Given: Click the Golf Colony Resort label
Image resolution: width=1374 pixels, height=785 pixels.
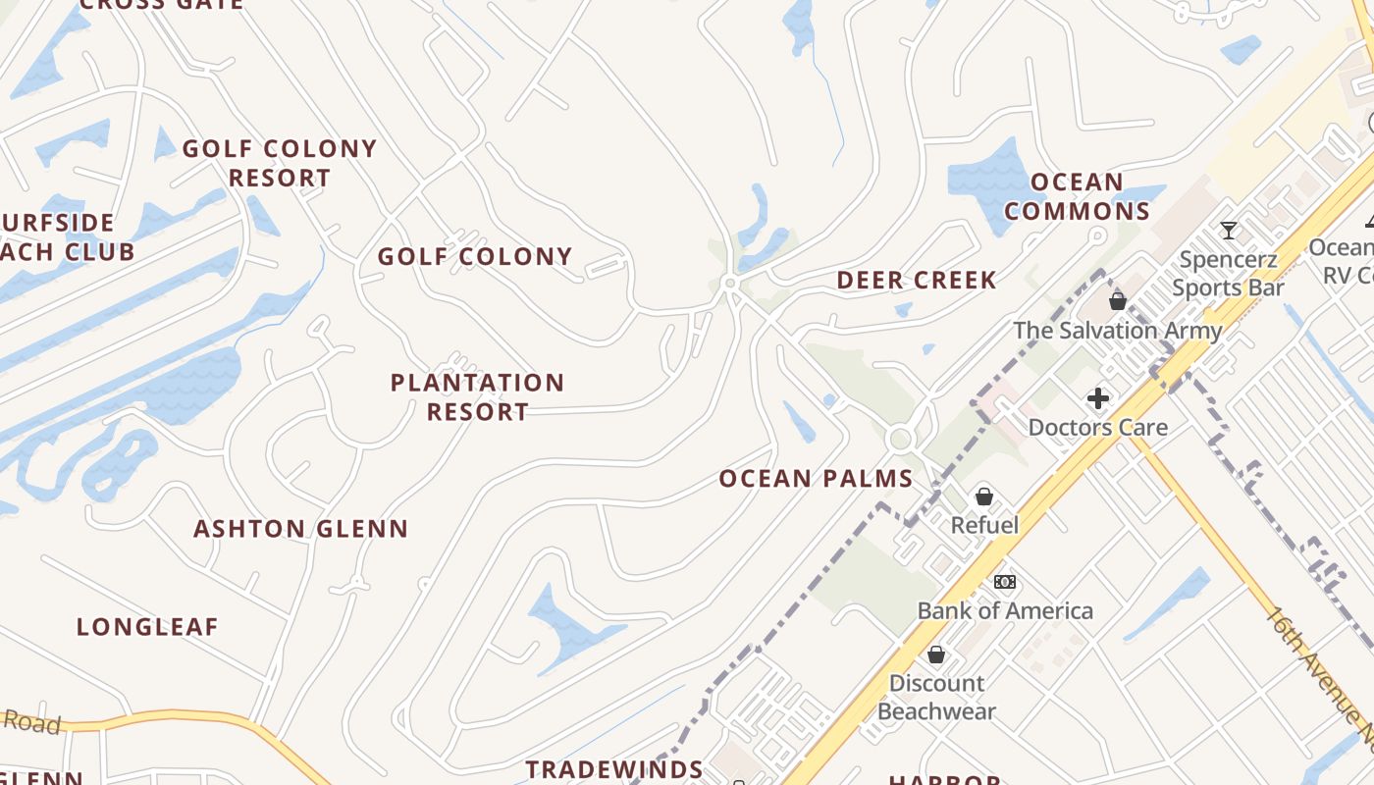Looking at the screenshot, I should click(x=280, y=163).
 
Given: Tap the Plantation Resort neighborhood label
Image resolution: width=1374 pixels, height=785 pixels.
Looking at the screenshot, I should click(x=478, y=396).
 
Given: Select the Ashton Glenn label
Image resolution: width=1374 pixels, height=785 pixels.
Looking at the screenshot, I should click(x=300, y=529).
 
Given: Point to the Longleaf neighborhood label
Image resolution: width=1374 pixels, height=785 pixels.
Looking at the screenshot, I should click(x=147, y=627).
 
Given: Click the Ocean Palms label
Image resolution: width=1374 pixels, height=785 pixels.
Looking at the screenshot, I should click(x=817, y=479).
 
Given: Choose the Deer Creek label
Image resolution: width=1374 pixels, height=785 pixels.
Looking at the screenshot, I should click(x=917, y=281).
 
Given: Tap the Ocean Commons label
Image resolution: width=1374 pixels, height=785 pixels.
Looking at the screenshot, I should click(x=1077, y=197).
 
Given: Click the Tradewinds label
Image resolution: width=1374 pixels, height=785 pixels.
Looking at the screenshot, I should click(x=614, y=769).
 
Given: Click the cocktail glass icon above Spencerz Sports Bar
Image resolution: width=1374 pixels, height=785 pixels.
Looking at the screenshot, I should click(x=1228, y=231).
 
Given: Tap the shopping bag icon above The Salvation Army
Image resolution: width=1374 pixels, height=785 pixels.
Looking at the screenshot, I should click(x=1117, y=300).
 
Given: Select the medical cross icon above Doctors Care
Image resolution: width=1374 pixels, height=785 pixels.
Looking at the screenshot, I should click(x=1098, y=398).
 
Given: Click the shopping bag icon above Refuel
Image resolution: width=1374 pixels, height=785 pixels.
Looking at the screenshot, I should click(x=984, y=497).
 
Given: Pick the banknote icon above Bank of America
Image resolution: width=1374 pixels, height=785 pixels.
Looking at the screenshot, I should click(x=1004, y=582).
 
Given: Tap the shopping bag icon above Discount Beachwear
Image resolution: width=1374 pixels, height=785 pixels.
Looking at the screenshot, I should click(x=936, y=654).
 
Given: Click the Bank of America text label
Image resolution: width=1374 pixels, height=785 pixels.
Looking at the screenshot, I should click(x=1005, y=610).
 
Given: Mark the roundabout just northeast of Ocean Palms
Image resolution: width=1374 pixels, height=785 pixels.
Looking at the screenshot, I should click(x=900, y=439).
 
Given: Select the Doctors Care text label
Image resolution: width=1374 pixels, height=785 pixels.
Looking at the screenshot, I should click(x=1098, y=427).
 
